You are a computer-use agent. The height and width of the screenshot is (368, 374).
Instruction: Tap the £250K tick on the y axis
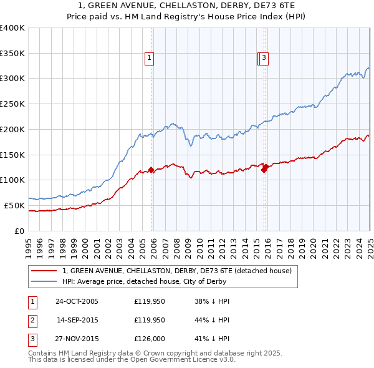pos(12,104)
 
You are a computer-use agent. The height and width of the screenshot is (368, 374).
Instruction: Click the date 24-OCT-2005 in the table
pos(77,301)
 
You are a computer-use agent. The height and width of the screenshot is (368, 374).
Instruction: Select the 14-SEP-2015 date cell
pos(77,321)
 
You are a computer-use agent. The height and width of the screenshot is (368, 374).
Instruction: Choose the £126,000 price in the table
pos(150,340)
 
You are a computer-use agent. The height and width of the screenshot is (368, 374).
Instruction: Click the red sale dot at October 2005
pos(151,170)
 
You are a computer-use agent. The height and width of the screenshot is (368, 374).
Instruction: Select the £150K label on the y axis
pos(12,155)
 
